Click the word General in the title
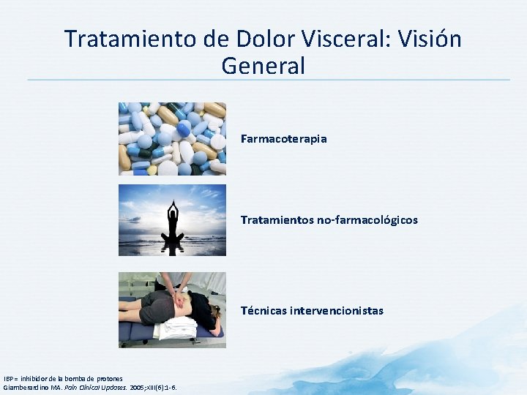coord(263,66)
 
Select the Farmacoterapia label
coord(283,138)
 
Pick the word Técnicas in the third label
coord(263,310)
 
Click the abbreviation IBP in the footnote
coord(8,378)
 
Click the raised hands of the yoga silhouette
coord(173,206)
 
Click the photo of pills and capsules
coord(172,138)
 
